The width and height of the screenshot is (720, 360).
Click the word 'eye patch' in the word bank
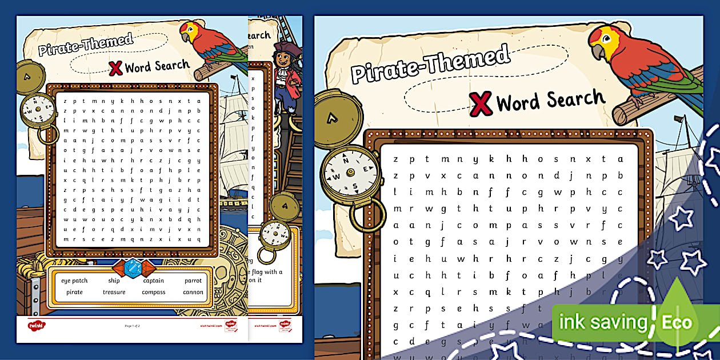[74, 281]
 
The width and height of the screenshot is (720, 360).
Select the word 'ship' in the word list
[114, 281]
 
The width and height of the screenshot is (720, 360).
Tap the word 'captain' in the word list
[153, 281]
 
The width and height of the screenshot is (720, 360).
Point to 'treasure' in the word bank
[114, 292]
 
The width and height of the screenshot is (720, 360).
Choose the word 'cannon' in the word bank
[193, 292]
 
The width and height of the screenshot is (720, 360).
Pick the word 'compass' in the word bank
[153, 292]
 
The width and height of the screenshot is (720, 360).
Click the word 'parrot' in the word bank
[193, 281]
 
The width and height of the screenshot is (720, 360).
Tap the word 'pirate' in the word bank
[74, 292]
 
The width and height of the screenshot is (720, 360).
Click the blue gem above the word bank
[133, 268]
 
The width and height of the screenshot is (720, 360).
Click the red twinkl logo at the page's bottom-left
[37, 326]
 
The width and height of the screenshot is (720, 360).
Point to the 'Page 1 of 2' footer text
[132, 326]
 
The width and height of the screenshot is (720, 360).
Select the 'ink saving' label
[602, 323]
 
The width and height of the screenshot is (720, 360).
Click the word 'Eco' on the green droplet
[677, 323]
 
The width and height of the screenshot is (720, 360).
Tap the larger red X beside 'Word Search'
[481, 103]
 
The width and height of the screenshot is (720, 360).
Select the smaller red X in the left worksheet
[115, 68]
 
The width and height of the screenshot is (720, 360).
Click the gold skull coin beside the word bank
[231, 251]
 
